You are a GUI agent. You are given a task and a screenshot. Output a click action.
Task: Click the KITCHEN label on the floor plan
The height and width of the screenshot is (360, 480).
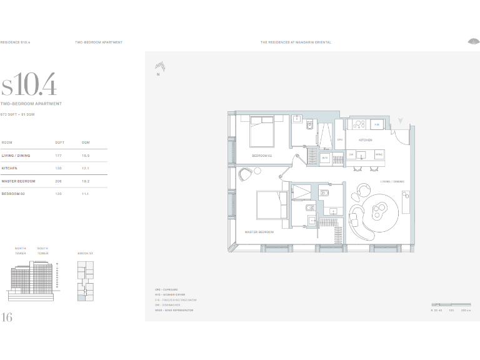[x=366, y=141]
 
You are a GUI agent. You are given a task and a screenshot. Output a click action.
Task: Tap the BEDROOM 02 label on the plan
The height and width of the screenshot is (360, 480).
[x=261, y=155]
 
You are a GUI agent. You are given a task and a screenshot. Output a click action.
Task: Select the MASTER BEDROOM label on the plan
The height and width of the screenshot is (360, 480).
[x=259, y=232]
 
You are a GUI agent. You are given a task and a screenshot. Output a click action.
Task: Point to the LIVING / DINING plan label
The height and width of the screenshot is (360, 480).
[x=392, y=182]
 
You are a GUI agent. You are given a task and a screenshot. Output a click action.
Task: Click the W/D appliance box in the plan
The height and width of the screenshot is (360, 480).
[x=325, y=158]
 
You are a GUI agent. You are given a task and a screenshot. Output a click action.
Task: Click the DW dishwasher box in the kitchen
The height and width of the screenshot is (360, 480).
[x=352, y=154]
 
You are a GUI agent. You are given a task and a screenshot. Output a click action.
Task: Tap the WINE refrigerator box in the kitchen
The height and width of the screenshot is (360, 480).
[x=379, y=154]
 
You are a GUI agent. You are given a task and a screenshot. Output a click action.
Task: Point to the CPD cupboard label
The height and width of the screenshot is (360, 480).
[x=340, y=140]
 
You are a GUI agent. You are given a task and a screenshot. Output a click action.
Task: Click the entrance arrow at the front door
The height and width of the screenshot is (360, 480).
[x=401, y=121]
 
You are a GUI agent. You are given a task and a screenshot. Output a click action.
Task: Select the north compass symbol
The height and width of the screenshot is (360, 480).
[x=160, y=67]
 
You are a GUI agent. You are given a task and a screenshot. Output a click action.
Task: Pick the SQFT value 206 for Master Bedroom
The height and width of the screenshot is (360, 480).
[x=59, y=181]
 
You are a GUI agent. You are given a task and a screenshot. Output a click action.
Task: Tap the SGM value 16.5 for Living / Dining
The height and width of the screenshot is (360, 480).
[x=86, y=156]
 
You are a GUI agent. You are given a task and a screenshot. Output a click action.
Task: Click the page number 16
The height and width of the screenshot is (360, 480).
[x=7, y=317]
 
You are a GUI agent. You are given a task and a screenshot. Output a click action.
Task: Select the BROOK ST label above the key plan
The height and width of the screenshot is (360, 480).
[x=85, y=253]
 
